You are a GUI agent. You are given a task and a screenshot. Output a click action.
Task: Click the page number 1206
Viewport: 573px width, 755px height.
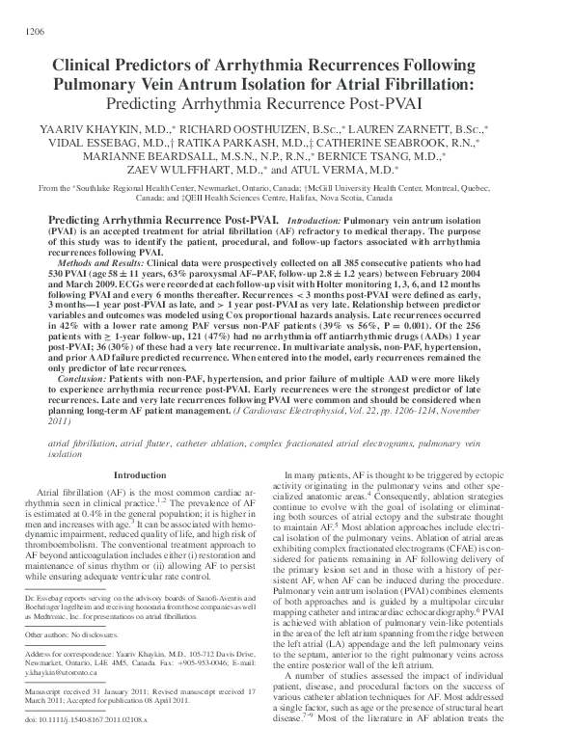(x=30, y=32)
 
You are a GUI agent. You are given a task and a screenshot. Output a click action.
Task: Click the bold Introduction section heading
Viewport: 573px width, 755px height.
(x=140, y=475)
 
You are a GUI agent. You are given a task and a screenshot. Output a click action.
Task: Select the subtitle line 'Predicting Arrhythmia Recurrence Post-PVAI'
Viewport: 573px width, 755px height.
(x=286, y=103)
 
